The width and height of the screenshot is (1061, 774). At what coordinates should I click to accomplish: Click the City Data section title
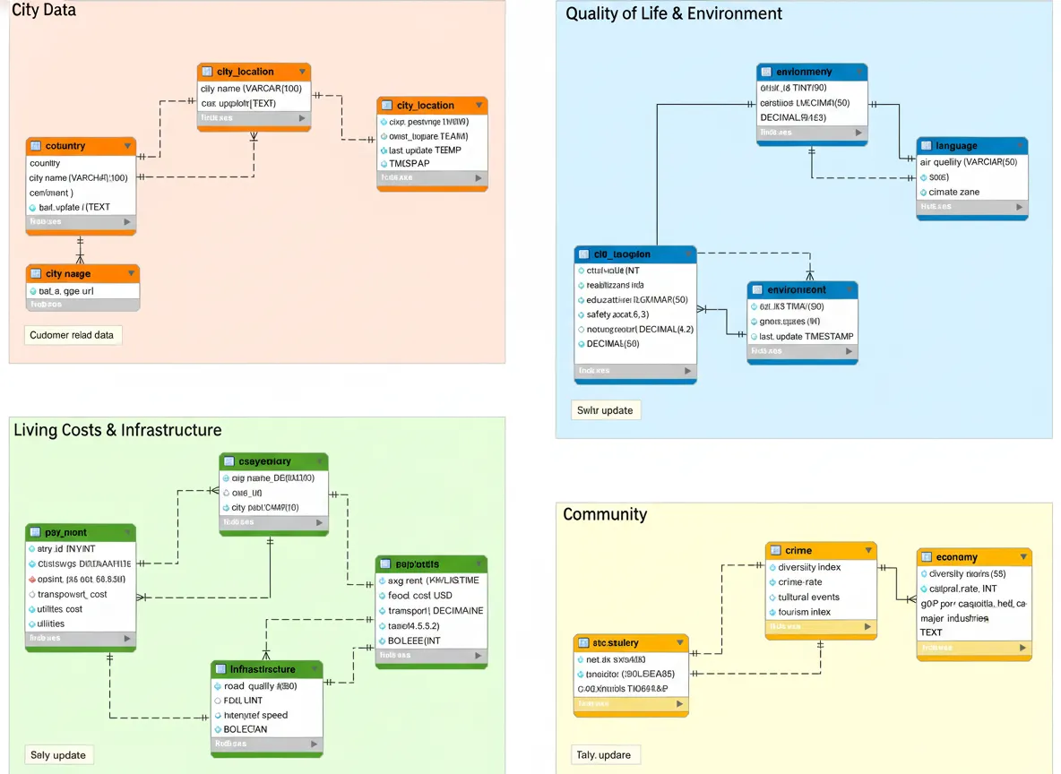tap(44, 11)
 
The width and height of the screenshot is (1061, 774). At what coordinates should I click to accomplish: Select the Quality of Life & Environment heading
tap(674, 13)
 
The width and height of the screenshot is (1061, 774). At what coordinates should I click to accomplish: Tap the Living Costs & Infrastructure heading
tap(117, 430)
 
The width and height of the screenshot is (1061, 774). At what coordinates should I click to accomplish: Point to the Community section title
tap(605, 514)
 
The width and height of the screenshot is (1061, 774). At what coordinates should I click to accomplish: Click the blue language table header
tap(971, 146)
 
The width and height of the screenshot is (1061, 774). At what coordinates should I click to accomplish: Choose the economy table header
tap(973, 557)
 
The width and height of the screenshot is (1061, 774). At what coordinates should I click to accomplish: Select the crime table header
tap(820, 550)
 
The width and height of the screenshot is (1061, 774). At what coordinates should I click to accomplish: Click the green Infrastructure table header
tap(266, 669)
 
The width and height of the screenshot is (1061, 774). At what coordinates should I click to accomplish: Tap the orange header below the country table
tap(82, 273)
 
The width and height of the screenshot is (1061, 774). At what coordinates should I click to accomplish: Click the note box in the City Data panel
tap(73, 335)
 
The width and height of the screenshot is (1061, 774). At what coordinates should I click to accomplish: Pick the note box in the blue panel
tap(605, 410)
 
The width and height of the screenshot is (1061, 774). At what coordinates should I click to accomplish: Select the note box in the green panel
tap(58, 755)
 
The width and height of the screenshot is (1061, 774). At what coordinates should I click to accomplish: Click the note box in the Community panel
tap(604, 755)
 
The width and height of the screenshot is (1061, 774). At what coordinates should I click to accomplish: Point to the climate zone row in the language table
tap(954, 192)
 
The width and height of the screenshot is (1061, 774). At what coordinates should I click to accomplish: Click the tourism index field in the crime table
tap(804, 612)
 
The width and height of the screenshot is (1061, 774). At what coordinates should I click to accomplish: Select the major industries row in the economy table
tap(954, 618)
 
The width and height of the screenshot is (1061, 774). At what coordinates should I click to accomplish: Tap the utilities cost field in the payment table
tap(61, 609)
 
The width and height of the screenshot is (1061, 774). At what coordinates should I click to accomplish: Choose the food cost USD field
tap(420, 595)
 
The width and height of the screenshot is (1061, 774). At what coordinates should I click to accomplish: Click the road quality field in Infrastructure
tap(260, 686)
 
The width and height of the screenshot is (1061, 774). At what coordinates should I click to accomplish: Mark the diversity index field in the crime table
tap(809, 567)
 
